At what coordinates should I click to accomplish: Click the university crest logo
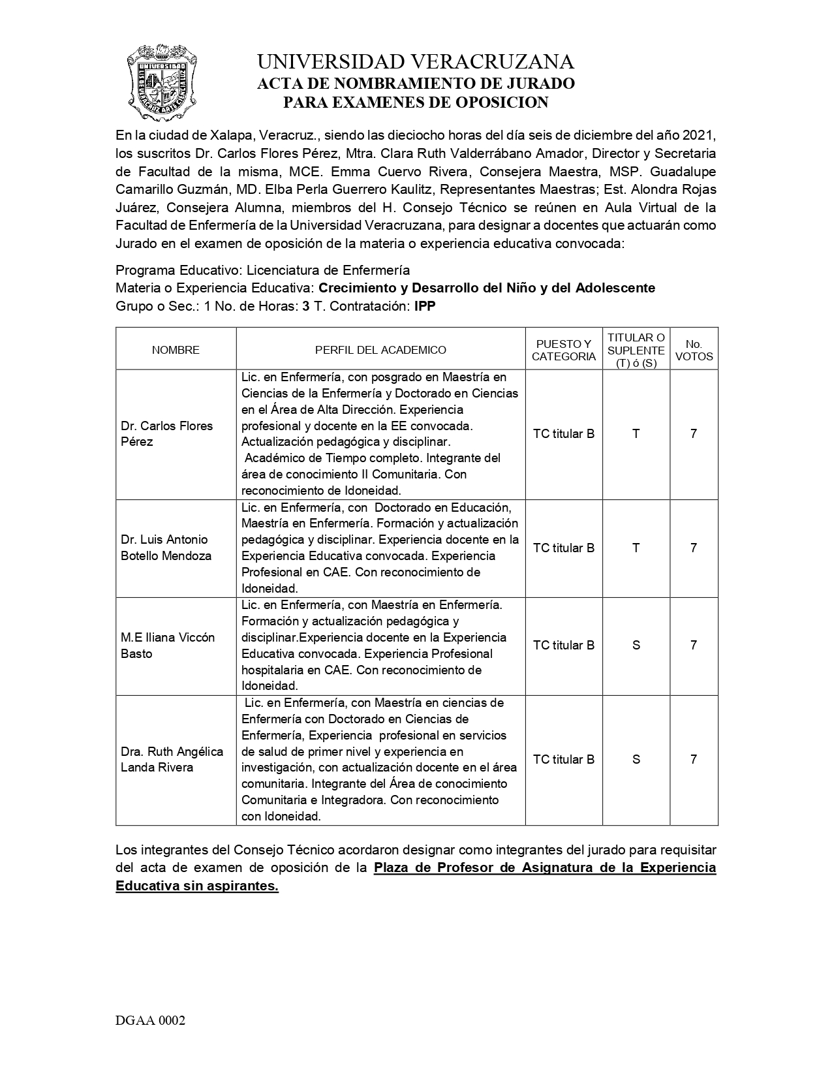(161, 82)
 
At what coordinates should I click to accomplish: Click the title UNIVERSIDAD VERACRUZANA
(416, 62)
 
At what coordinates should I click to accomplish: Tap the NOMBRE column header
(176, 350)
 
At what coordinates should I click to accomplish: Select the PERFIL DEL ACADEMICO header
(380, 350)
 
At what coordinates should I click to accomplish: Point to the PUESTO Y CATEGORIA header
(564, 350)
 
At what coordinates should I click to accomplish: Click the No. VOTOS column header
(694, 350)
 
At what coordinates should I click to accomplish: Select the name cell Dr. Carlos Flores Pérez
(167, 433)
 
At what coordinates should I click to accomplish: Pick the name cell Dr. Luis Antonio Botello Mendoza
(166, 548)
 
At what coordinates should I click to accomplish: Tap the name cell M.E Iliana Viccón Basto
(168, 645)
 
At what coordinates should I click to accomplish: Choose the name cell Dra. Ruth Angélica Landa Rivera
(172, 759)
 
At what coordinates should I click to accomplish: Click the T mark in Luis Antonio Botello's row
(636, 548)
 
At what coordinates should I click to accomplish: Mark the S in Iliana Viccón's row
(636, 645)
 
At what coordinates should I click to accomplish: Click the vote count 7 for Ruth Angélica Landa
(694, 759)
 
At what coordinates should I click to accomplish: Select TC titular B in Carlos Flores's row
(564, 433)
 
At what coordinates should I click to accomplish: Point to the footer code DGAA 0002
(151, 1020)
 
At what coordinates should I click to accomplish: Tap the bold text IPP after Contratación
(425, 306)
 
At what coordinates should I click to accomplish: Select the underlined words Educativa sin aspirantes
(197, 886)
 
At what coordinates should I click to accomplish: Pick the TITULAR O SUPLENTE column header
(636, 350)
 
